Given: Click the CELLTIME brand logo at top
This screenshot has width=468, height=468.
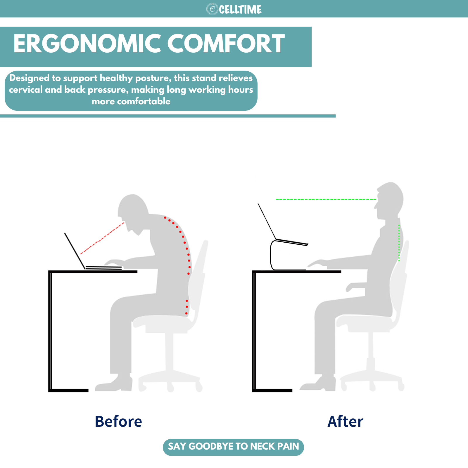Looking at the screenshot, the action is [234, 9].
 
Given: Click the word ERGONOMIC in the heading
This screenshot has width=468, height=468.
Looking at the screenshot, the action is [87, 44].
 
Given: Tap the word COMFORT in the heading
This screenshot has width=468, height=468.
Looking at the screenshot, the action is [226, 44].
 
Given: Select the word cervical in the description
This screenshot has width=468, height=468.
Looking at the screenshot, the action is [26, 89].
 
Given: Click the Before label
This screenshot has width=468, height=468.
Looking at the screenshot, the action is [118, 422].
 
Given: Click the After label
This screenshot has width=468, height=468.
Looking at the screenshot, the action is [346, 422].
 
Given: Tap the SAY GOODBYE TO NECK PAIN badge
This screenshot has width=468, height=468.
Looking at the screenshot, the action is [233, 447].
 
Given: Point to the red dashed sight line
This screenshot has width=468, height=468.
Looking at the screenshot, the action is [103, 238].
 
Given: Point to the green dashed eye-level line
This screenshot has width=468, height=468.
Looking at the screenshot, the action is [326, 199].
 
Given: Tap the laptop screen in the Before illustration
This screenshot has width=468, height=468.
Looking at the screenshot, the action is [75, 251].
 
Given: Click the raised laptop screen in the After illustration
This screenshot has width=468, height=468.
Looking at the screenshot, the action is [267, 221].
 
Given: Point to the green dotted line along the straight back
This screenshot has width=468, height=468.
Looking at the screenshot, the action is [399, 243].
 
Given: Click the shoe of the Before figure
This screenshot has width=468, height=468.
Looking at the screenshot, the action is [114, 384].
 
